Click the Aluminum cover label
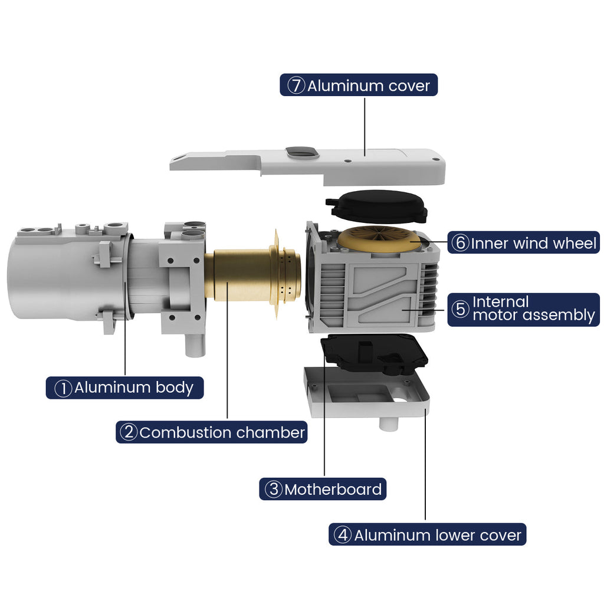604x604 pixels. click(x=359, y=85)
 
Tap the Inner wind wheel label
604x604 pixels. click(x=524, y=242)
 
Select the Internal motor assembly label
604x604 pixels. click(x=524, y=310)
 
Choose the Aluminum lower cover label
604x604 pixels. click(x=427, y=534)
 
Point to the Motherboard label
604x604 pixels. click(x=323, y=489)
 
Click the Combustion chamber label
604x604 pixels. click(x=212, y=432)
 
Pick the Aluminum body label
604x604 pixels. click(x=124, y=388)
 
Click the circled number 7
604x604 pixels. click(x=296, y=85)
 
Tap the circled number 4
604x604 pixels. click(x=343, y=534)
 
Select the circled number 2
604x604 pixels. click(x=129, y=432)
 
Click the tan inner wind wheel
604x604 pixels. click(x=379, y=239)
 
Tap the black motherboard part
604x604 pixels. click(x=375, y=353)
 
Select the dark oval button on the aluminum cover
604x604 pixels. click(x=303, y=153)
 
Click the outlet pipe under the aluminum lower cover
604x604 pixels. click(x=388, y=424)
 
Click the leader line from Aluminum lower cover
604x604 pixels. click(x=425, y=465)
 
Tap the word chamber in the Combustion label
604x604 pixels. click(x=270, y=432)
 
